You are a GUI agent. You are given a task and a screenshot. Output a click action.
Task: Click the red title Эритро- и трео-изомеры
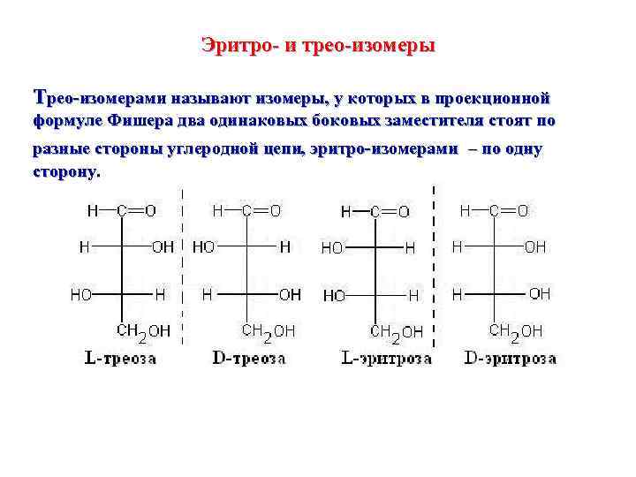317,44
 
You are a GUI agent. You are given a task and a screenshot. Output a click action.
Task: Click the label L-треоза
120,359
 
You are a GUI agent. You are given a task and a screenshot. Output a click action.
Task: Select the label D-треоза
250,359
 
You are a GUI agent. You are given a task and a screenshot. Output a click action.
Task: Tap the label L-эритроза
386,359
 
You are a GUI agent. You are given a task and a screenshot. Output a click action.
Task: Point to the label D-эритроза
510,359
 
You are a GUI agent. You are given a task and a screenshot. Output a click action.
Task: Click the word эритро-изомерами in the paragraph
385,148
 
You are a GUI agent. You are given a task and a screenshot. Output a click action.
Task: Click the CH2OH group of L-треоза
144,332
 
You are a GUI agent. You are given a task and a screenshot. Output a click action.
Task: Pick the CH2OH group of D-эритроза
516,332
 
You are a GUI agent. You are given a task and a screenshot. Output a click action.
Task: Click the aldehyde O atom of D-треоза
276,211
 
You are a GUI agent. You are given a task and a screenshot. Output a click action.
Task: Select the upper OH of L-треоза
163,247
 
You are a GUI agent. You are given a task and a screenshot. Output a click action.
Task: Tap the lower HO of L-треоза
81,294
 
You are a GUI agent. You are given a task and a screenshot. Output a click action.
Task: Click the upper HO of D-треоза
203,247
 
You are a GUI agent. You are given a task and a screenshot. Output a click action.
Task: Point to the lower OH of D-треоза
290,294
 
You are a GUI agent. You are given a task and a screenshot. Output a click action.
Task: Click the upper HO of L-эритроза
333,249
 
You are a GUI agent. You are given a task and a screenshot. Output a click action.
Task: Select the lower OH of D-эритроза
539,293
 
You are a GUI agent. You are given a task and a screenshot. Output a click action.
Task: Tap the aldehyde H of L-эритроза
345,212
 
